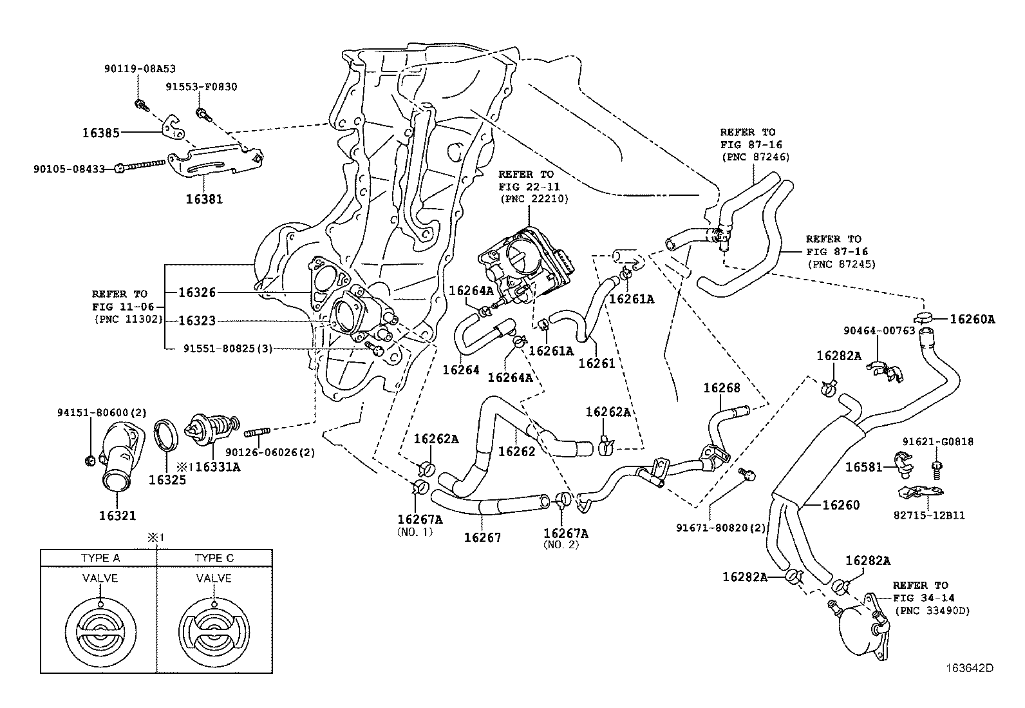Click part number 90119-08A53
click(x=140, y=68)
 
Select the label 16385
click(x=100, y=133)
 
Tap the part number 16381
click(x=204, y=200)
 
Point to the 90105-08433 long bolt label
click(x=69, y=169)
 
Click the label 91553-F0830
click(x=201, y=87)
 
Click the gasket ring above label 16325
click(x=167, y=436)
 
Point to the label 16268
click(x=721, y=388)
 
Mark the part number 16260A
click(x=972, y=318)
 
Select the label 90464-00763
click(x=879, y=330)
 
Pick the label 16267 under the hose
click(x=482, y=536)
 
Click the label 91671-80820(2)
click(x=720, y=528)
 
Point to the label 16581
click(x=863, y=466)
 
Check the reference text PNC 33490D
click(x=931, y=610)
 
